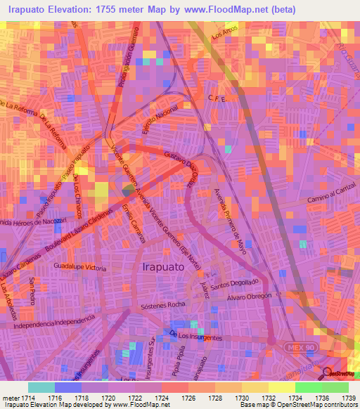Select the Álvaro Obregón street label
[248, 297]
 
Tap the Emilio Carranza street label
[133, 224]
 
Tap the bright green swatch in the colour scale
[309, 387]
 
